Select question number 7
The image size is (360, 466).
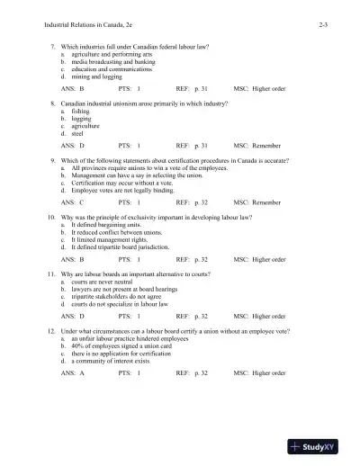pos(53,45)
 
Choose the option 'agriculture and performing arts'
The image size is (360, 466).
pos(112,53)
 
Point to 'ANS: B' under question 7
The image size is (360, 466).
pos(72,90)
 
